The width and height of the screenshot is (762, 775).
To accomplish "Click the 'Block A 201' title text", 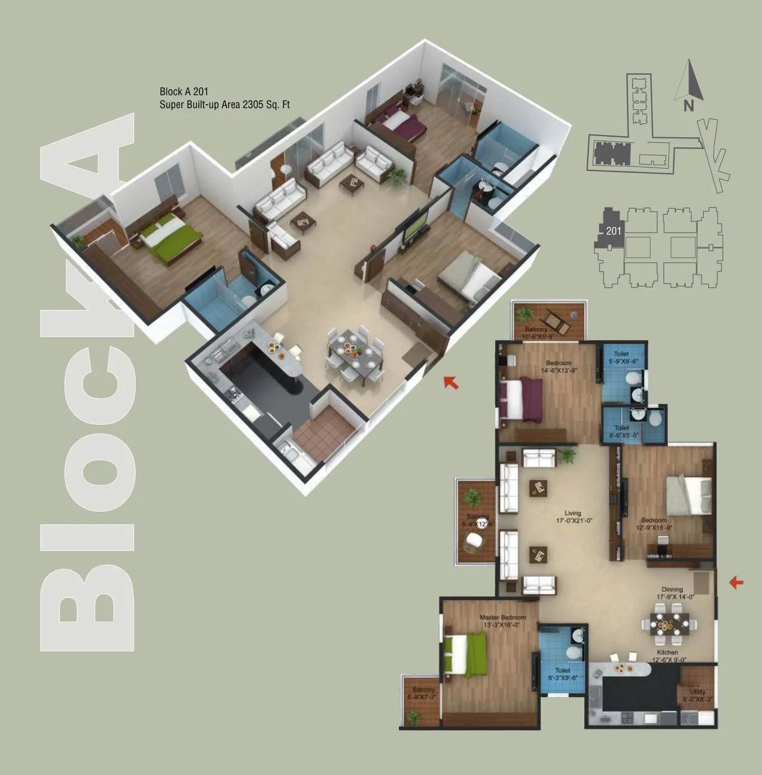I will point(184,91).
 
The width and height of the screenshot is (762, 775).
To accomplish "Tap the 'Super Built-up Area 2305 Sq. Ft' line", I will point(224,105).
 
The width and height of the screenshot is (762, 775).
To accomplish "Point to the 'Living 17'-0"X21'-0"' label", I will point(573,517).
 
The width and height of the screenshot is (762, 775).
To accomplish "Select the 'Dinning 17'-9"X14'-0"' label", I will point(672,593).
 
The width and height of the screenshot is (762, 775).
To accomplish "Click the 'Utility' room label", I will point(698,695).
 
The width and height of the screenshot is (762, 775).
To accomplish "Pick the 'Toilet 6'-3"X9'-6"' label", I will point(563,674).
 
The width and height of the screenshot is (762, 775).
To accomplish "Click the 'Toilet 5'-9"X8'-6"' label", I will point(621,358).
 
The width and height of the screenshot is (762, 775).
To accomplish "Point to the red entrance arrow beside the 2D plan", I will point(736,583).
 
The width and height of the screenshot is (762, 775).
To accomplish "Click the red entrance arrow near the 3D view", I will point(451,382).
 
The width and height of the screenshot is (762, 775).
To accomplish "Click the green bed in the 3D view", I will point(171,236).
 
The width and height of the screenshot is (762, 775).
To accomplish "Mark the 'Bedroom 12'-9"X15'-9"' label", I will point(654,524).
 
